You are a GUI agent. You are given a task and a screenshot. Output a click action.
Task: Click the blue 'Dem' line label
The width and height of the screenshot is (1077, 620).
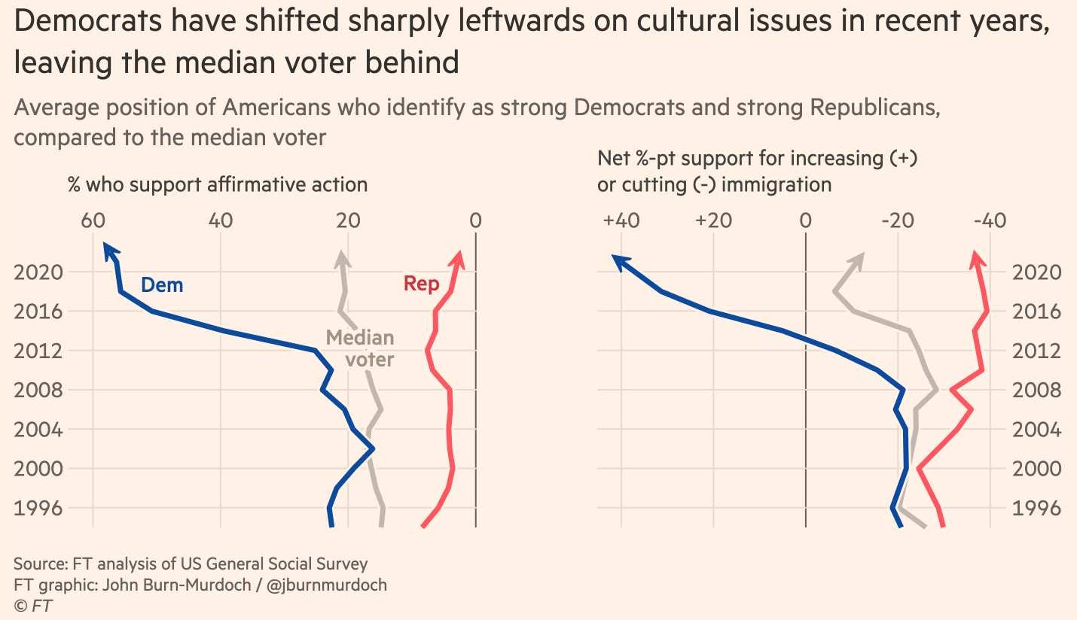click(162, 285)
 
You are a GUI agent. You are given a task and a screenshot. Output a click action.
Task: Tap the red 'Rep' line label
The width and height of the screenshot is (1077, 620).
click(421, 284)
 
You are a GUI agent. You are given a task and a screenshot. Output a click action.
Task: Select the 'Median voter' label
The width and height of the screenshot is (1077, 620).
click(360, 348)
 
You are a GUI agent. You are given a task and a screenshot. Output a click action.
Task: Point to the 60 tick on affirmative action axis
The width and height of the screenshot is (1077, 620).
click(93, 221)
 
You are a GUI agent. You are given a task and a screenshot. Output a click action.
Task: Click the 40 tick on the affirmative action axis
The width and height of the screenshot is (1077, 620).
click(220, 221)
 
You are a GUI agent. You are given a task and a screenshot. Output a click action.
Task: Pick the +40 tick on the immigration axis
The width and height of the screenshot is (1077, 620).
click(621, 221)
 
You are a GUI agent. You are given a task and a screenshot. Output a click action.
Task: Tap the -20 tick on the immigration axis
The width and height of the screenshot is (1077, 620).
click(897, 221)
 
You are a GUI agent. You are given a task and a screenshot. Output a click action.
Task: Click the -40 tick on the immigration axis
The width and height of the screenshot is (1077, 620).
click(989, 221)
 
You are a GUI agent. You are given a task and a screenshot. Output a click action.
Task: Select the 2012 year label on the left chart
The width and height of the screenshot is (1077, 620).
click(38, 351)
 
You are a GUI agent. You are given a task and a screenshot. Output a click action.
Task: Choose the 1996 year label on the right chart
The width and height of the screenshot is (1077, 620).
click(1036, 509)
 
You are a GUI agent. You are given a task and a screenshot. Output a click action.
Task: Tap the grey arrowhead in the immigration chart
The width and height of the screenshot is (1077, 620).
click(859, 260)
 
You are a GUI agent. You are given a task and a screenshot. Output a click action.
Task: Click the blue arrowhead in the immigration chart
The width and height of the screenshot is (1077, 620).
click(618, 260)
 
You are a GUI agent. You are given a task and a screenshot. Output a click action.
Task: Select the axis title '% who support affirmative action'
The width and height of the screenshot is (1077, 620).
click(218, 184)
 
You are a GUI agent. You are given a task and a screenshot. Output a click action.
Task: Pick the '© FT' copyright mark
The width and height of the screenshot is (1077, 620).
click(33, 605)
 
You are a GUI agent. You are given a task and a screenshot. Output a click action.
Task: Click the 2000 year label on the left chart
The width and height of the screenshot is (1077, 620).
click(38, 469)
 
